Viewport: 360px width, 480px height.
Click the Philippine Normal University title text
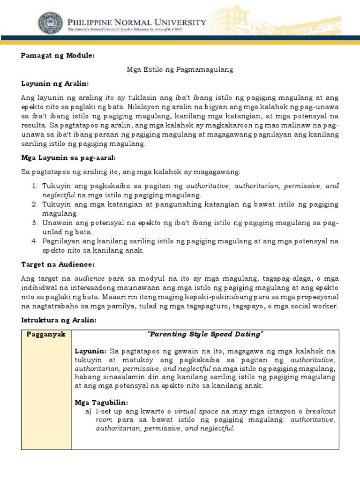click(x=136, y=22)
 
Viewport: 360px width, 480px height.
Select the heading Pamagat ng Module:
click(x=58, y=56)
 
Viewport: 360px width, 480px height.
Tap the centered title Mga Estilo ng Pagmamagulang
click(x=180, y=69)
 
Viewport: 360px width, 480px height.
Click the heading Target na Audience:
click(x=58, y=264)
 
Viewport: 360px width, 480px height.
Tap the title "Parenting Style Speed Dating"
click(x=205, y=334)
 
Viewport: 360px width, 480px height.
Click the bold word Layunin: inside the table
click(x=91, y=351)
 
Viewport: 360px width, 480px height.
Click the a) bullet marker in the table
click(x=88, y=411)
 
